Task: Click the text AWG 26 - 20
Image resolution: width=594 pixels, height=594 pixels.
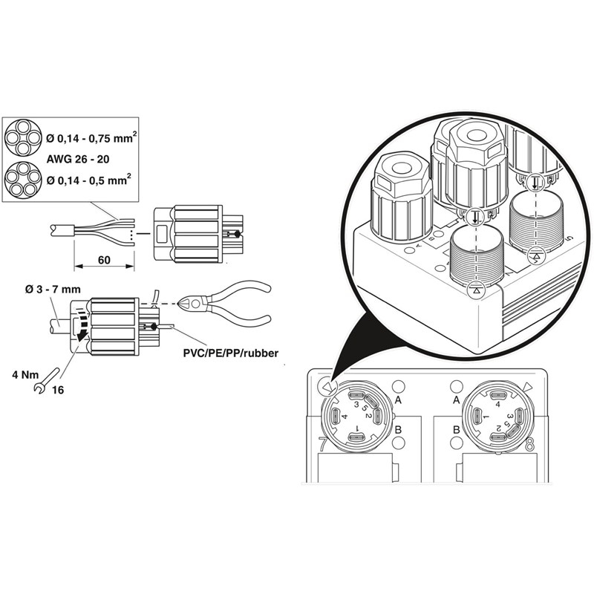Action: pos(78,159)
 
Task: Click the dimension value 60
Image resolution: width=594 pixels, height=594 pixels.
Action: pos(104,260)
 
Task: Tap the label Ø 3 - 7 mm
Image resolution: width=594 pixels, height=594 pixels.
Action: pos(53,290)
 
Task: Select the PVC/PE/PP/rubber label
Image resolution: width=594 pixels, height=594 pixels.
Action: pos(231,353)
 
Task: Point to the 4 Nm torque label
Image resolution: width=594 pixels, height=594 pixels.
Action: pos(25,375)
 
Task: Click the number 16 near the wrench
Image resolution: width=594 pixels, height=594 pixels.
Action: pos(58,390)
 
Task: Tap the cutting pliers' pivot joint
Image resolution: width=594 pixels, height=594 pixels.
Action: pos(195,304)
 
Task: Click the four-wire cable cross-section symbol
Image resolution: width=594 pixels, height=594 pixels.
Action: pos(23,137)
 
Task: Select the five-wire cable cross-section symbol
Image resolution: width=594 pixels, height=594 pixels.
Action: pos(23,179)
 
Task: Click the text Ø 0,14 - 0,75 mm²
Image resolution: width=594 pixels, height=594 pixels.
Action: pos(91,138)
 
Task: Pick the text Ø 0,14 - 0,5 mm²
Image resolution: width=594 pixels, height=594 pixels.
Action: pos(89,180)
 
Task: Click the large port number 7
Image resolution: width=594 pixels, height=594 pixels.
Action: pos(323,443)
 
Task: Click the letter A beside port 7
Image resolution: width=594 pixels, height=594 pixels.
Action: pos(398,400)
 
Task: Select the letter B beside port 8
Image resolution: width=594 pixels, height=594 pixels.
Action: pos(456,430)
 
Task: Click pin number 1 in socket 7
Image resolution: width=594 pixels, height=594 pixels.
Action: pos(357,429)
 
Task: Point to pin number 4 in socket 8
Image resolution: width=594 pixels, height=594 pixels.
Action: pos(497,404)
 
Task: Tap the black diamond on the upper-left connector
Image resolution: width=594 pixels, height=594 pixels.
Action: pos(238,234)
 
